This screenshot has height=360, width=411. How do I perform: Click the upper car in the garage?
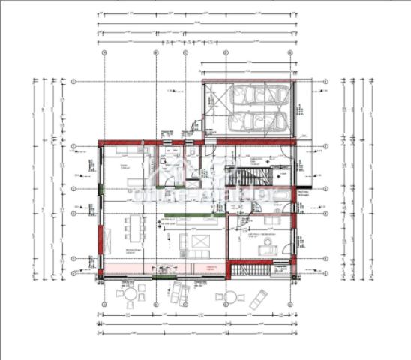point(254,96)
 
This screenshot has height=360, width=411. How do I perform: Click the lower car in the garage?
point(254,121)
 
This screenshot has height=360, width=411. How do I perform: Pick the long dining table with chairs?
point(136,225)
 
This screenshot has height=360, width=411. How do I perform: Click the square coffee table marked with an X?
point(201,241)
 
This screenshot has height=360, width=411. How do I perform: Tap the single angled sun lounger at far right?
point(259,298)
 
